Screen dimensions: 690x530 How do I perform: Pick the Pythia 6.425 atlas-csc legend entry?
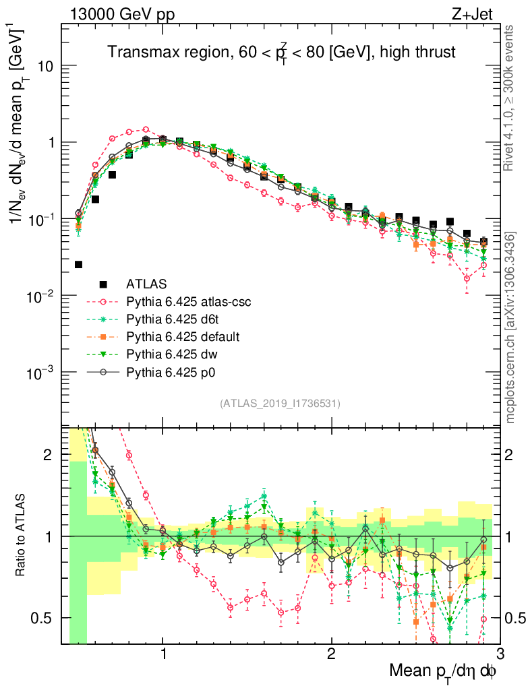coord(188,301)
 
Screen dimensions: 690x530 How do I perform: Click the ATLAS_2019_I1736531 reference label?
coord(280,404)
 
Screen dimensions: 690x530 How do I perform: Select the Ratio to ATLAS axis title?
coord(21,536)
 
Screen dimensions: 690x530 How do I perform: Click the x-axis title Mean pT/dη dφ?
coord(444,672)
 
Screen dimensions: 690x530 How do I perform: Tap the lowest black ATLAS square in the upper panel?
coord(78,265)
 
